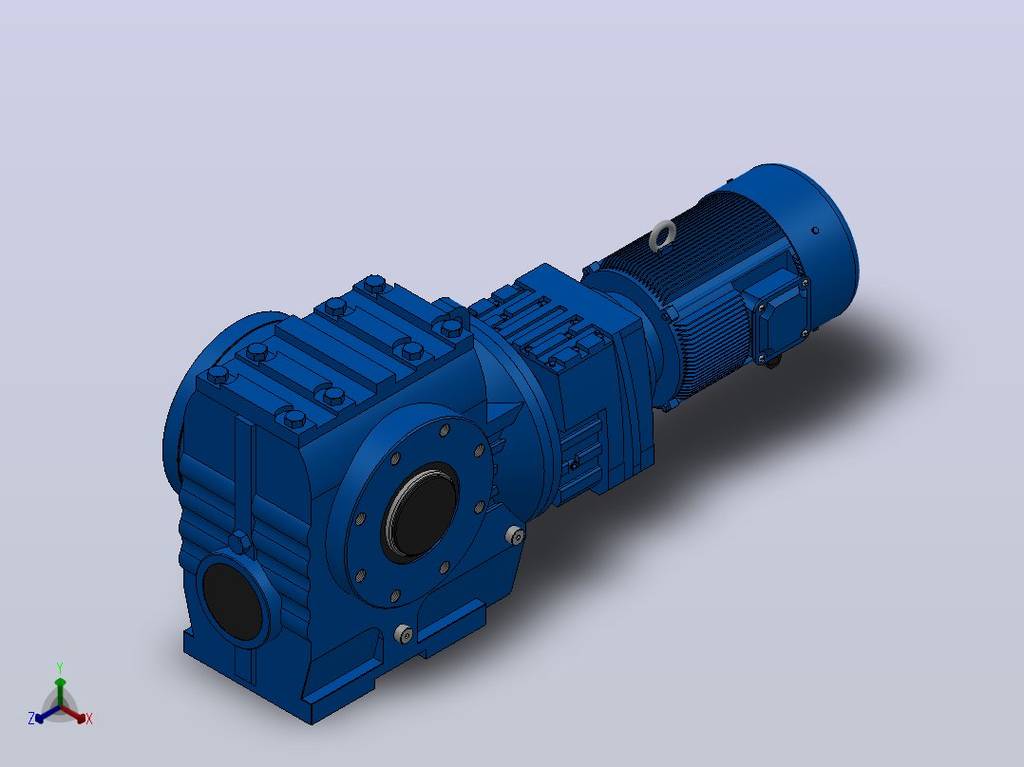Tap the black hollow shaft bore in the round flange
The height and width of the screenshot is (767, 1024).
pyautogui.click(x=422, y=511)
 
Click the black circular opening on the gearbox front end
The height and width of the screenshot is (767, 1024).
pyautogui.click(x=233, y=601)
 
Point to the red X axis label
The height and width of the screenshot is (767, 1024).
pyautogui.click(x=89, y=719)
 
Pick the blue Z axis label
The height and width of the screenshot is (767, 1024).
pyautogui.click(x=31, y=719)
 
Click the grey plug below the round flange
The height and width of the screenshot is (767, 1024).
pyautogui.click(x=404, y=633)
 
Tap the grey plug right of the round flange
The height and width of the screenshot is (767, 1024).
pyautogui.click(x=515, y=535)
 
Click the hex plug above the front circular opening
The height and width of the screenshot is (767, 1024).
pyautogui.click(x=239, y=542)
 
